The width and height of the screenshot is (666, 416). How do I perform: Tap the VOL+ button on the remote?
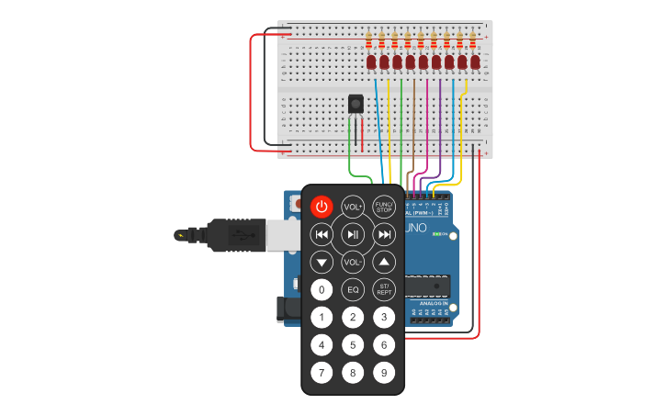[x=353, y=207]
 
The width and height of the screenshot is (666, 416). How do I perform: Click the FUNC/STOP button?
[x=384, y=207]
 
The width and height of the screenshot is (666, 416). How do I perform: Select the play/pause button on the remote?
[x=353, y=234]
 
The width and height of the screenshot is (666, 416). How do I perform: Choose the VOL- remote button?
[x=353, y=263]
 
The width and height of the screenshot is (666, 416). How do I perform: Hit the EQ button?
[x=353, y=290]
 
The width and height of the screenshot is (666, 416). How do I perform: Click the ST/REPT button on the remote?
[x=384, y=290]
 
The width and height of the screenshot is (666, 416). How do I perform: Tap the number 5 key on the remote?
[x=353, y=345]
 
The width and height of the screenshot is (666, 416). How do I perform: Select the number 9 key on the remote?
[x=384, y=373]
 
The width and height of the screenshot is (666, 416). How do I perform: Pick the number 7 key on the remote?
[x=322, y=373]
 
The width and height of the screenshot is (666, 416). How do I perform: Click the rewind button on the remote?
[x=322, y=234]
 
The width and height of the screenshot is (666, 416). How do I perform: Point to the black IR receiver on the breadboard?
[x=356, y=104]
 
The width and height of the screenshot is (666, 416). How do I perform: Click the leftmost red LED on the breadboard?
[x=371, y=62]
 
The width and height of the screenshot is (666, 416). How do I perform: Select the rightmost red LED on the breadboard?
[x=475, y=62]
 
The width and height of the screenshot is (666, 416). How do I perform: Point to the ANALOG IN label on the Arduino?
[x=433, y=303]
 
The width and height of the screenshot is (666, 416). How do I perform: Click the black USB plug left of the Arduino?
[x=237, y=235]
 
